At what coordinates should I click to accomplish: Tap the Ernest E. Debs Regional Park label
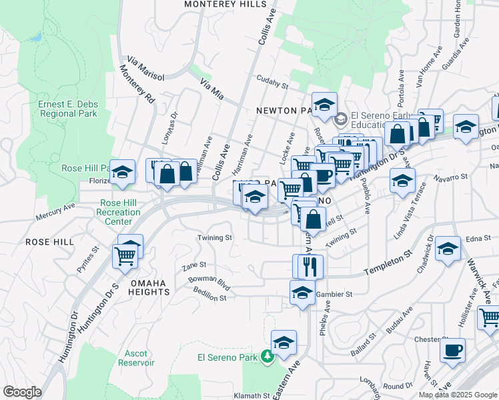pos(67,109)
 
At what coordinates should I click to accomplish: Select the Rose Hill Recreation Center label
pos(120,213)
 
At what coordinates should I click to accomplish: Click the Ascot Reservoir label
pos(136,358)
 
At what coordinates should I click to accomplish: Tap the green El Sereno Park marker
pos(268,357)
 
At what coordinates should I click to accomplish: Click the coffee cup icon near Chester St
pos(452,350)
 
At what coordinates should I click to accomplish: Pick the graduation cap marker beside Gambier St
pos(302,293)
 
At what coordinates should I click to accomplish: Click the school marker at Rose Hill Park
pos(123,173)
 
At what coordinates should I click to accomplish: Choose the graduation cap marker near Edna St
pos(448,249)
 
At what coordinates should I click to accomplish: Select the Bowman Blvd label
pos(209,282)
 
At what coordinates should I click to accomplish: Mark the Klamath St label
pos(252,395)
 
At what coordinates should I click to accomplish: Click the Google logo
pos(22,392)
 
